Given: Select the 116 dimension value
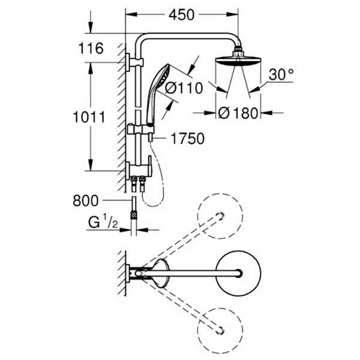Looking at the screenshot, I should (92, 48).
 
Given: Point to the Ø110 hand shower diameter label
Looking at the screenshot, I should (182, 88).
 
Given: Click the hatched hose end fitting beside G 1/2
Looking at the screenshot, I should (134, 214).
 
